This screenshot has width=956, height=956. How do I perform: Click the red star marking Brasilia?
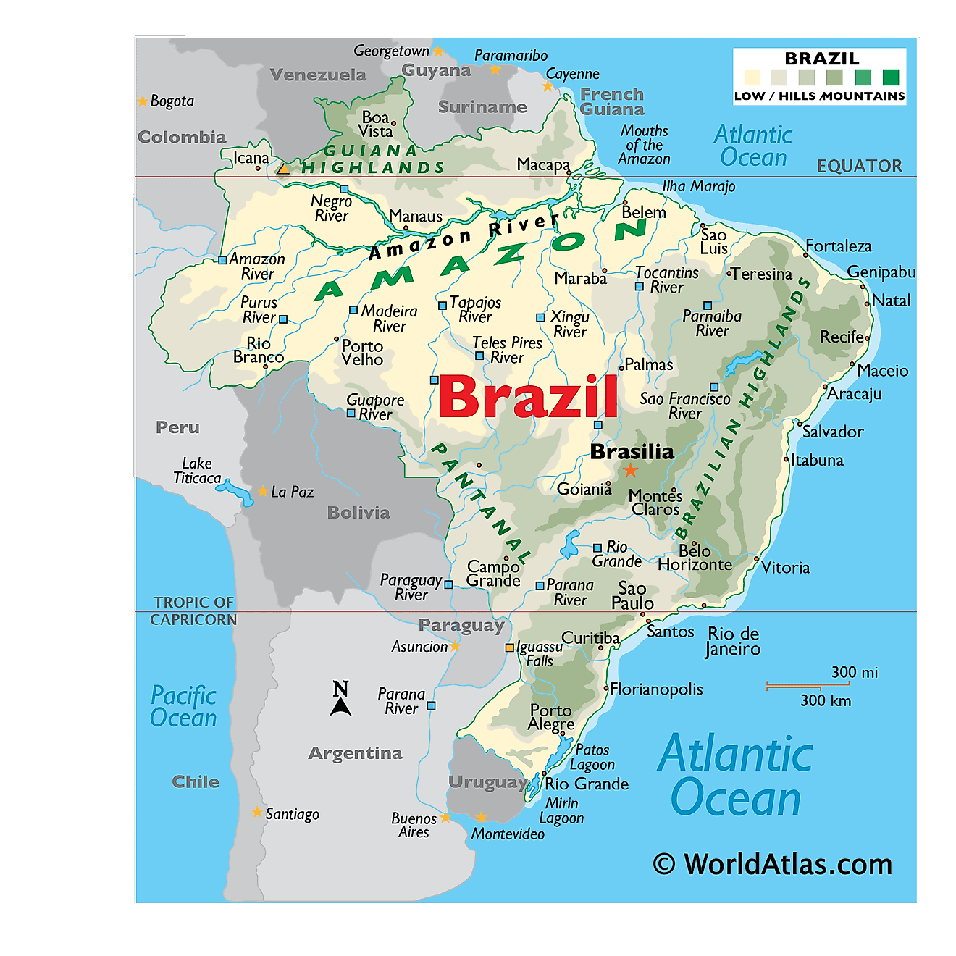(631, 471)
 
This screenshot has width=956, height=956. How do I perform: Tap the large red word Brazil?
(528, 397)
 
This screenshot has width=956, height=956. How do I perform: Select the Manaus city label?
(416, 217)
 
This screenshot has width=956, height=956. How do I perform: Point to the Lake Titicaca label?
(197, 471)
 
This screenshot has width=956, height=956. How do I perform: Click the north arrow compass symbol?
(340, 699)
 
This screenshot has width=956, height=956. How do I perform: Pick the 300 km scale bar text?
(826, 701)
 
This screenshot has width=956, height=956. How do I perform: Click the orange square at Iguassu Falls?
(510, 647)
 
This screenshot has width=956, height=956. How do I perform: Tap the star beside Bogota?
(143, 101)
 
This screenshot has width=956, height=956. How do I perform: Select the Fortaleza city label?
(839, 247)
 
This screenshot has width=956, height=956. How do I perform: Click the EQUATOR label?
(860, 167)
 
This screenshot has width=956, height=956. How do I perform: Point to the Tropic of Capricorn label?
(193, 611)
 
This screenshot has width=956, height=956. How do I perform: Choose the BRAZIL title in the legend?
(822, 59)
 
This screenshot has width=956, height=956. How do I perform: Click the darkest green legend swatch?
(891, 77)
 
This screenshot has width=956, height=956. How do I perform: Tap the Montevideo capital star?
(481, 818)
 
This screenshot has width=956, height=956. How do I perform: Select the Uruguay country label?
(487, 782)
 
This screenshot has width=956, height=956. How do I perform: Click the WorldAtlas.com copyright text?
(773, 865)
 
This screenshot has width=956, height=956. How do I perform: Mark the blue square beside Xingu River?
(540, 318)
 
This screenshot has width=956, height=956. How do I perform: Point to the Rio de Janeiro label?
(733, 641)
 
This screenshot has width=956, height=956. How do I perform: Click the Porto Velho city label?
(362, 353)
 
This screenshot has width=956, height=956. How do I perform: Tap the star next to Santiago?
(257, 813)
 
